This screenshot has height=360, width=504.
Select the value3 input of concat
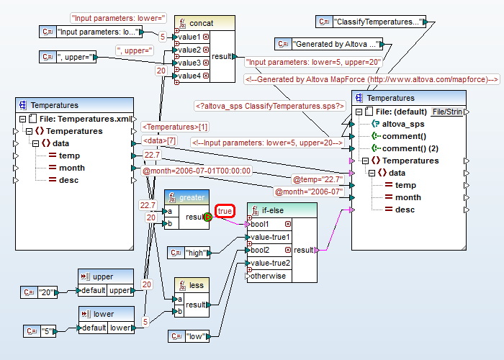[x=190, y=63]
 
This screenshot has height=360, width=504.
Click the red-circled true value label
[x=225, y=211]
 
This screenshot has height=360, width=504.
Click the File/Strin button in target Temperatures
[x=446, y=112]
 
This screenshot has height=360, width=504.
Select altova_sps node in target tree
[x=407, y=124]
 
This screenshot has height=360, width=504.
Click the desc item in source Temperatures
[x=68, y=180]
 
